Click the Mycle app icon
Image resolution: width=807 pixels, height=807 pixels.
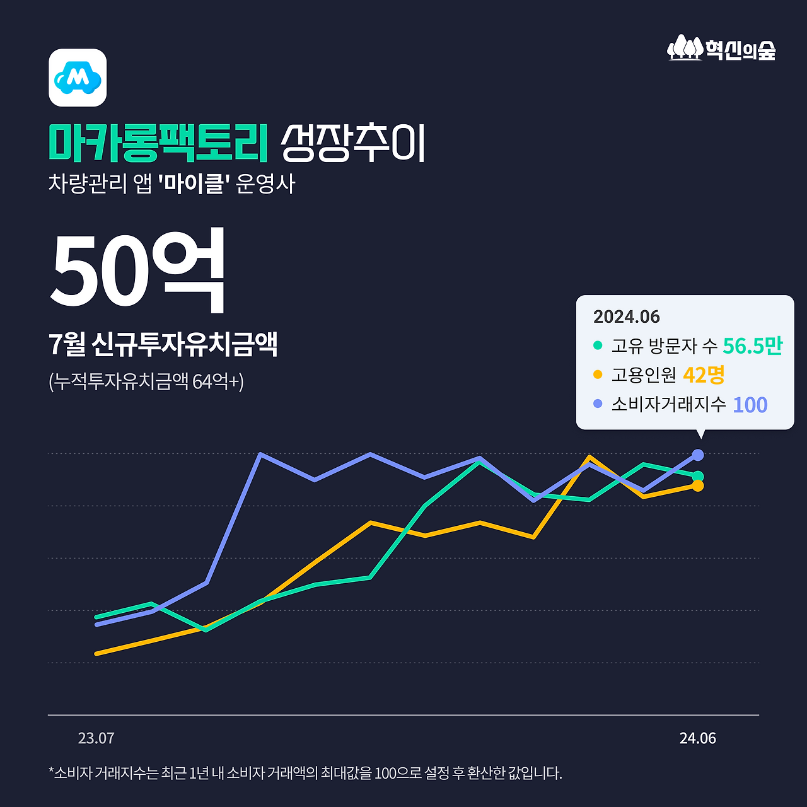[78, 78]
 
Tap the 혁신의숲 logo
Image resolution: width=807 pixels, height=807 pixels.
[721, 48]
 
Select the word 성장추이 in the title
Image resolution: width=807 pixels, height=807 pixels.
[353, 143]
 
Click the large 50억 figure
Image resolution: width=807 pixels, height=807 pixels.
[137, 270]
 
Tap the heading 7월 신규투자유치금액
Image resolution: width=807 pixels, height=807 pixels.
[163, 344]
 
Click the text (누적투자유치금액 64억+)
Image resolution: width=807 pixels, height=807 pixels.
[146, 381]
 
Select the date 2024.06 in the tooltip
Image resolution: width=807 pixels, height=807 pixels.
[626, 316]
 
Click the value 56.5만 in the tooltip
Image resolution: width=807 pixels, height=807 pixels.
[752, 345]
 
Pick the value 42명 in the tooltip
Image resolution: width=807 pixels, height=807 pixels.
[704, 375]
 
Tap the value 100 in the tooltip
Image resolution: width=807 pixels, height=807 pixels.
[750, 405]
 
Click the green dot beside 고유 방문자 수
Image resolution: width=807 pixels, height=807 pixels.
[598, 345]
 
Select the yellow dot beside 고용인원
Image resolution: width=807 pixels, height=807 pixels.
[598, 375]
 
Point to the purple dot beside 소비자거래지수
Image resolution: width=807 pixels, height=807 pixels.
[598, 403]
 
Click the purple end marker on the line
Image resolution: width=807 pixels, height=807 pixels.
[698, 455]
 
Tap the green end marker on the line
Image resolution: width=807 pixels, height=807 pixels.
[698, 476]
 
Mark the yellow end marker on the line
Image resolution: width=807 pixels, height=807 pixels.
[698, 485]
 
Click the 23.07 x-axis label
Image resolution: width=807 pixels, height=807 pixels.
[96, 738]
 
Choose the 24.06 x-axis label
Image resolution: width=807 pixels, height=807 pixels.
[697, 738]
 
